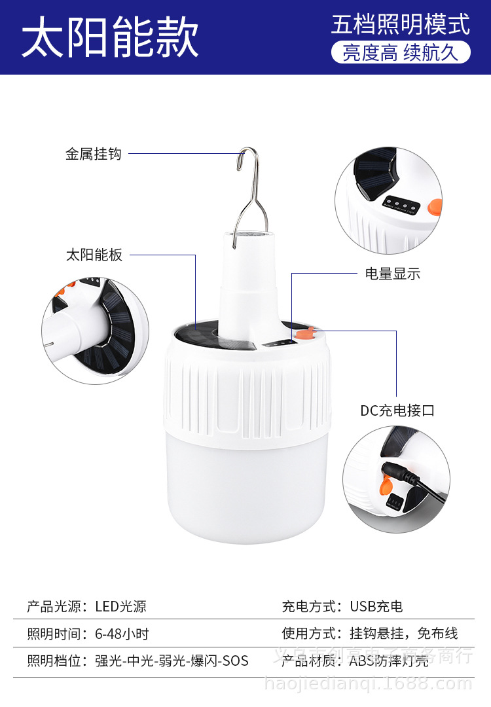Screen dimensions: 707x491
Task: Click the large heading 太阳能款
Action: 110,38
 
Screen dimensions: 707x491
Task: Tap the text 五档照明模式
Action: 400,24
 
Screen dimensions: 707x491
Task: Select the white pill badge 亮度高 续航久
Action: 400,53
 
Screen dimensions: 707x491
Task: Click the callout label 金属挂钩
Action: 94,154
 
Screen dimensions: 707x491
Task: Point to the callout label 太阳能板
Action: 94,255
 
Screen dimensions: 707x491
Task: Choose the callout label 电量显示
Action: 393,274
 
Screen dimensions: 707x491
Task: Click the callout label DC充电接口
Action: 397,410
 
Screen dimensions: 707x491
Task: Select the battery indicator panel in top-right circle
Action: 400,205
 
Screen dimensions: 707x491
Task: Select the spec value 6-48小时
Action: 122,634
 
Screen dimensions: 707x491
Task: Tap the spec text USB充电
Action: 376,607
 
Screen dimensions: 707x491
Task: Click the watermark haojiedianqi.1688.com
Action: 367,684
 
